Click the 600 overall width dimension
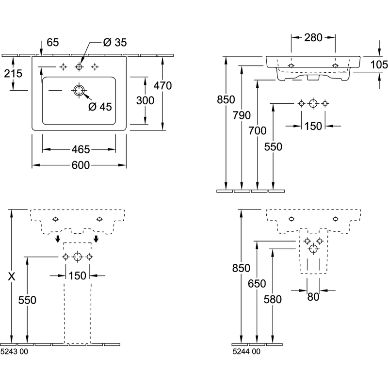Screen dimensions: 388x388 click(81, 165)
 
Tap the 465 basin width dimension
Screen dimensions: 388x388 click(81, 149)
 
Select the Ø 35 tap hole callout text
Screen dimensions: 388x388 click(115, 42)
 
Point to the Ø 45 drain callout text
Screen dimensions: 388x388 click(100, 107)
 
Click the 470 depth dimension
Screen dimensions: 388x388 click(162, 86)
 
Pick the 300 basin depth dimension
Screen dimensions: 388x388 click(145, 100)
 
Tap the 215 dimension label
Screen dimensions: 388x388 click(13, 74)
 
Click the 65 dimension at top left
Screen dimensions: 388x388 click(53, 42)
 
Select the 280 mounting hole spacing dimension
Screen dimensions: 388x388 click(313, 38)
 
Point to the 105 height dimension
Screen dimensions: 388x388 click(379, 65)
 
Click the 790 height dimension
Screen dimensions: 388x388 click(242, 115)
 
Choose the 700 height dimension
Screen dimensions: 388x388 click(258, 130)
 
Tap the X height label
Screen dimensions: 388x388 click(12, 276)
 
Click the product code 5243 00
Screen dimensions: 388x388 click(14, 351)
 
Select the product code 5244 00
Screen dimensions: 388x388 click(246, 351)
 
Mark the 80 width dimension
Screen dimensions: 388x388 click(313, 297)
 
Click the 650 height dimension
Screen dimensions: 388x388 click(257, 284)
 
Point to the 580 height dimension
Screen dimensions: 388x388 click(273, 299)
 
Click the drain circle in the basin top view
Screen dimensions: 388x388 click(79, 90)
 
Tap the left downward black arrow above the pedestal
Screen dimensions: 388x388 click(58, 239)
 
